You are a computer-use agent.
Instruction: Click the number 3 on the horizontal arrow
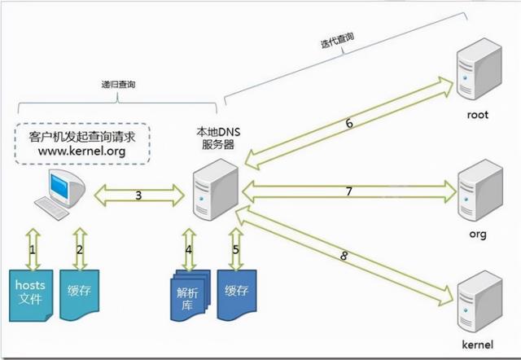(x=138, y=195)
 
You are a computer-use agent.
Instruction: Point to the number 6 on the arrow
(x=348, y=124)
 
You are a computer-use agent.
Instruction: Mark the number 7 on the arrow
(x=348, y=192)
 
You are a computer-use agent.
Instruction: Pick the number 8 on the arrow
(x=345, y=256)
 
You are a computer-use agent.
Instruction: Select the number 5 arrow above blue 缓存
(x=236, y=249)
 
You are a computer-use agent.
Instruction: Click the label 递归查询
(x=117, y=84)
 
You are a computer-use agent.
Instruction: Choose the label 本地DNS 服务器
(x=217, y=138)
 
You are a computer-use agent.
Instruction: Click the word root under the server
(x=477, y=115)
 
